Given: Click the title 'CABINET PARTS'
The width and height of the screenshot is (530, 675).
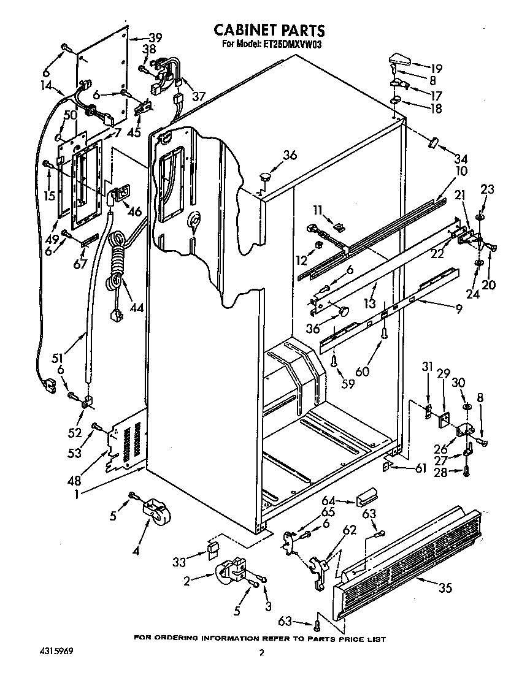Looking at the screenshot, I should tap(269, 30).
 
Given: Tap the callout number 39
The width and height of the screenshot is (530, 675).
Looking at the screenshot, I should tap(155, 38).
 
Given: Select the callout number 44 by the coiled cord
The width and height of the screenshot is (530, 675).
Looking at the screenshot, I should tap(136, 307).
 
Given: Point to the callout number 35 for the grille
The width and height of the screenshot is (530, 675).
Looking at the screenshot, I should tap(445, 588).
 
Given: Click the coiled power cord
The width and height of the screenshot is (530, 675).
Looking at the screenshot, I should tap(116, 264).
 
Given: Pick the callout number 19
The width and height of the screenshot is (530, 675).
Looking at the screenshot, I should tap(436, 69).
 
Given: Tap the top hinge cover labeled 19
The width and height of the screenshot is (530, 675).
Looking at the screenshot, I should tap(399, 61).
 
